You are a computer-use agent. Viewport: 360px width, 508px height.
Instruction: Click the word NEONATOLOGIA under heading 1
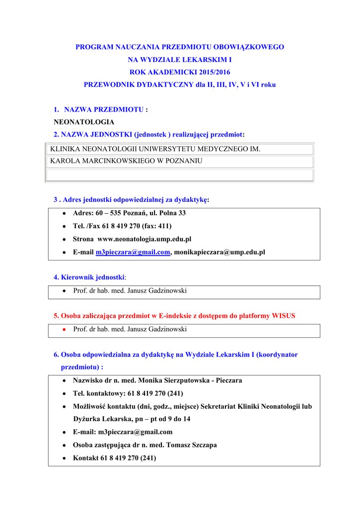click(84, 122)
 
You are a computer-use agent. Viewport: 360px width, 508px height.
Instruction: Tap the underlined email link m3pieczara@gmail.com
click(133, 252)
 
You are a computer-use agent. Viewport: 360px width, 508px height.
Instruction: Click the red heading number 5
click(56, 316)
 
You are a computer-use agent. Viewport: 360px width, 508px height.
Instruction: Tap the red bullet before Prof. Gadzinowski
click(65, 329)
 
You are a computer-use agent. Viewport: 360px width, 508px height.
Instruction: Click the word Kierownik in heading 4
click(76, 277)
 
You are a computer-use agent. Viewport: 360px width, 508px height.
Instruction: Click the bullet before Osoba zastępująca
click(65, 445)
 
